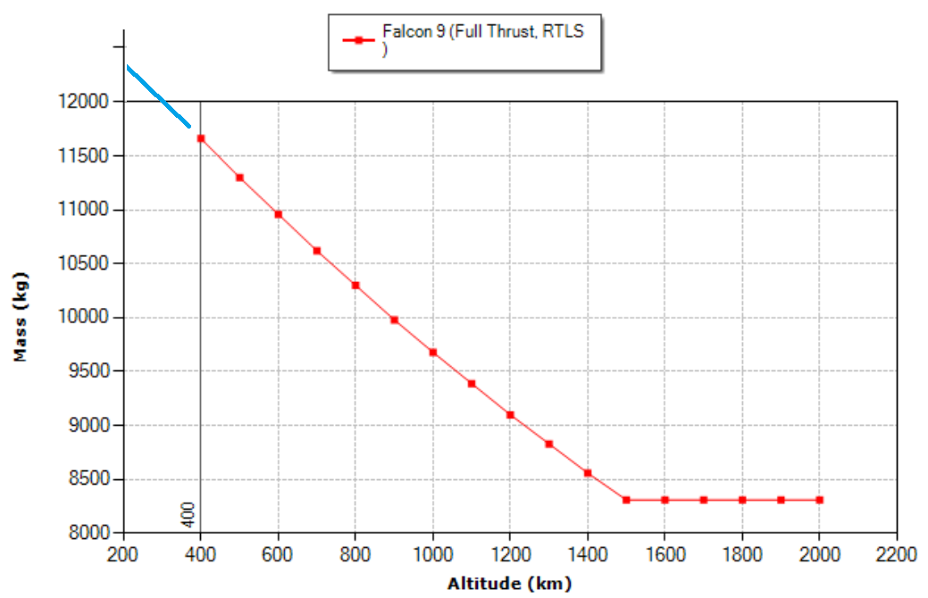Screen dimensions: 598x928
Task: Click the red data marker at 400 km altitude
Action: [201, 138]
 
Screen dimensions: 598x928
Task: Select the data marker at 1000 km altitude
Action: [433, 353]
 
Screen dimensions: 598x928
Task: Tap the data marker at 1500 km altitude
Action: [626, 500]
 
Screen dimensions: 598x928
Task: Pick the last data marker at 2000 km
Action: [819, 500]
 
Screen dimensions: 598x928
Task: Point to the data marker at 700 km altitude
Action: [317, 251]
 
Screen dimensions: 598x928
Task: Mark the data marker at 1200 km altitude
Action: [510, 415]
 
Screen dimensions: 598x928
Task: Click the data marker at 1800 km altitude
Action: [742, 500]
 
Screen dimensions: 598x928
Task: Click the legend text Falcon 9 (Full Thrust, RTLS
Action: [483, 32]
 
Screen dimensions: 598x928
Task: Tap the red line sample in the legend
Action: [357, 40]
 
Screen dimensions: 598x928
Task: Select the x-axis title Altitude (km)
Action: [509, 585]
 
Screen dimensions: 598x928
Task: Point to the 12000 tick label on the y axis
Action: [86, 102]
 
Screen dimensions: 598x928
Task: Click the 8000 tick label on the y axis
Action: [89, 533]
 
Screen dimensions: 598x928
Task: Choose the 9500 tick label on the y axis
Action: [89, 371]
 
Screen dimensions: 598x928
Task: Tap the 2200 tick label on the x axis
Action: [897, 554]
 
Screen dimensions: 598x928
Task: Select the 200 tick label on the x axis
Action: [123, 554]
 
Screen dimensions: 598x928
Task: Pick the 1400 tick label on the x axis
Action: [588, 554]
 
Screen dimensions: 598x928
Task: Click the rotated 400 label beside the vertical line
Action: [188, 514]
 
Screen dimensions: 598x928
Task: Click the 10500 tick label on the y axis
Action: [86, 263]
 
